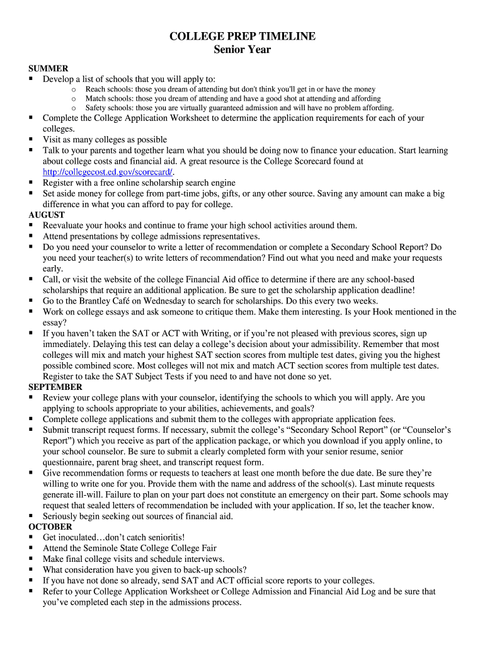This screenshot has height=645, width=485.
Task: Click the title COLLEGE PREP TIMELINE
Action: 243,37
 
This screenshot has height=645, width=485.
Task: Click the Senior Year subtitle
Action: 243,50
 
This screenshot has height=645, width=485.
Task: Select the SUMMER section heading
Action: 48,68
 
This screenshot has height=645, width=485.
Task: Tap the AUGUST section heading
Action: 47,215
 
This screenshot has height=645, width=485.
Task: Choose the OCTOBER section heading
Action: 50,527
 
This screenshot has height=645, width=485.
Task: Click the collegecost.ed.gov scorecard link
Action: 108,172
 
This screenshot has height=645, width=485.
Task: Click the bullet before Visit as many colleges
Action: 31,139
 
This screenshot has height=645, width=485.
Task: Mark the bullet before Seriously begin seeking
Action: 31,516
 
